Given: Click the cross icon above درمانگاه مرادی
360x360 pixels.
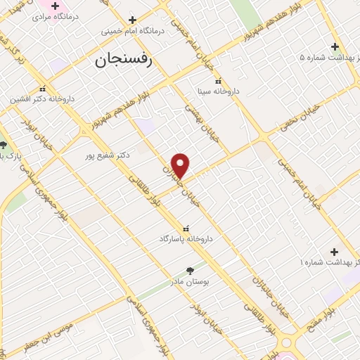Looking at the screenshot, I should pos(54,6).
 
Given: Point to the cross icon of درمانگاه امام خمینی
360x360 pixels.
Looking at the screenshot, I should pos(132,19).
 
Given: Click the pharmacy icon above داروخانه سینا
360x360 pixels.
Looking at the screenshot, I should pos(217,80).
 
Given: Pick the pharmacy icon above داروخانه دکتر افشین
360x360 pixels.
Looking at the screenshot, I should pos(44,89).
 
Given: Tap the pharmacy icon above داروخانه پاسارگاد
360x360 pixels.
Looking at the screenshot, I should pos(186,228).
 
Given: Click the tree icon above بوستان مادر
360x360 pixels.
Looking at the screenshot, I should pos(190,269).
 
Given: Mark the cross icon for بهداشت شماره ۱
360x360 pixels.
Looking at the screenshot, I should pos(334,251).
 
